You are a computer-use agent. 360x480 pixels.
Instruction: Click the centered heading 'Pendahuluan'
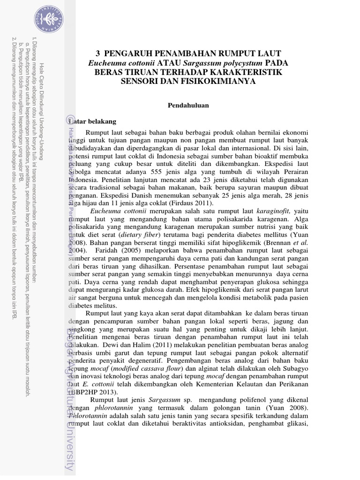point(188,105)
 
